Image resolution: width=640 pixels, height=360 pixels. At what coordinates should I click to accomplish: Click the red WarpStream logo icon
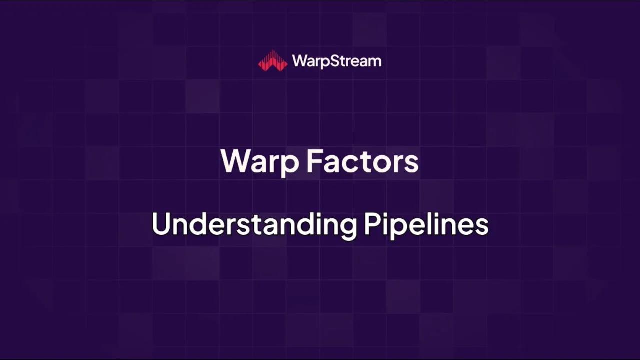point(272,61)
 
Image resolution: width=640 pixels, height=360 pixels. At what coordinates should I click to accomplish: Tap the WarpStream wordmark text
point(336,61)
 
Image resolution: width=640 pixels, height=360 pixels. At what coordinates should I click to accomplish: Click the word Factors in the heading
point(362,161)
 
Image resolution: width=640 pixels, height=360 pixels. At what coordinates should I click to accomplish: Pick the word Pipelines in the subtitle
point(426,225)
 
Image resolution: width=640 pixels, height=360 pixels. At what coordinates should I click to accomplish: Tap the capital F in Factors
point(314,161)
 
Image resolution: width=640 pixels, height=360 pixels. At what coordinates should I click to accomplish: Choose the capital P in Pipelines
point(372,224)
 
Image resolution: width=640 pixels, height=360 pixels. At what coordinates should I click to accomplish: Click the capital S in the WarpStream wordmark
point(331,61)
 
